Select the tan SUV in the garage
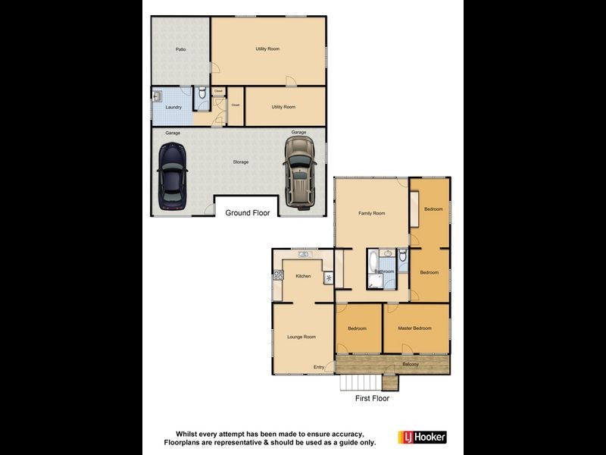point(299,171)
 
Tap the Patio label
point(180,49)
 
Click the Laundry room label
point(173,107)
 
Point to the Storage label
point(240,162)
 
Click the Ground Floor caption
point(247,213)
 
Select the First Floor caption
point(372,397)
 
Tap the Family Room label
point(371,213)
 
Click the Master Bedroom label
point(415,328)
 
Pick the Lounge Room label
point(301,337)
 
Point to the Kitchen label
point(303,276)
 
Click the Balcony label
point(411,365)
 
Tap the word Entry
point(319,368)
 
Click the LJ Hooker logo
point(422,437)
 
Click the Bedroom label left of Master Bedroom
point(357,328)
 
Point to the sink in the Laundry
point(158,96)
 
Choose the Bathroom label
point(384,271)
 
